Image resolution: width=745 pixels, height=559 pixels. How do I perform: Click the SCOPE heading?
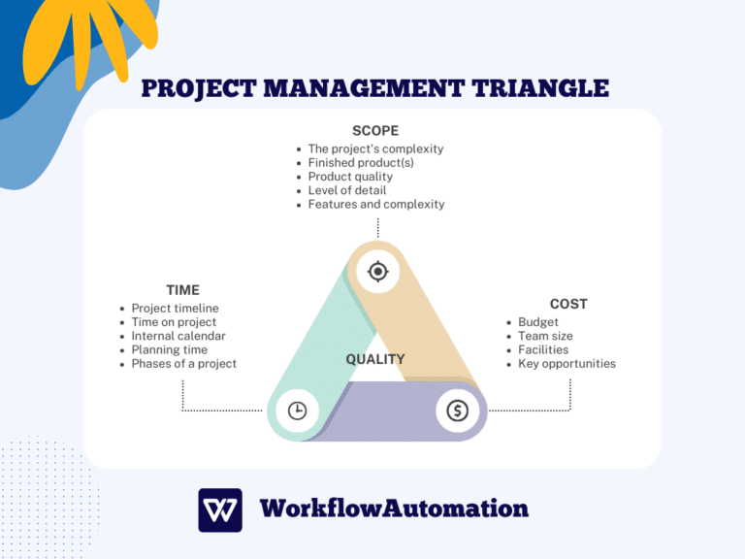[x=374, y=130]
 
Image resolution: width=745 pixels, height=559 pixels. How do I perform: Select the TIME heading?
[x=182, y=289]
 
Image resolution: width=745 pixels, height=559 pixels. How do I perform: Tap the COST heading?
[x=568, y=304]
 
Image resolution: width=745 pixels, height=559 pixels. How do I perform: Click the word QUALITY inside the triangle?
[x=375, y=359]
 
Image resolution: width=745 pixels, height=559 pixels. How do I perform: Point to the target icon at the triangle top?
[x=378, y=272]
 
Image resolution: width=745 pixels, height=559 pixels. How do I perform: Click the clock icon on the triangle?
[x=297, y=411]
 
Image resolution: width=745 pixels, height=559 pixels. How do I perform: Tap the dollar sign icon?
[x=457, y=411]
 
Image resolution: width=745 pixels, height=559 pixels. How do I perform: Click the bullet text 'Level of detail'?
[x=347, y=190]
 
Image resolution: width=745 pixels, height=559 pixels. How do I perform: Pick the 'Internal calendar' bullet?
[x=178, y=336]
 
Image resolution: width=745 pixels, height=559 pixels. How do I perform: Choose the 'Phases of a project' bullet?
[x=184, y=364]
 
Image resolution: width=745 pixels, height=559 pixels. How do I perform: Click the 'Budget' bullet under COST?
[x=538, y=322]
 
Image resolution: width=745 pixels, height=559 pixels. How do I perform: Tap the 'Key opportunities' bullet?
[x=567, y=364]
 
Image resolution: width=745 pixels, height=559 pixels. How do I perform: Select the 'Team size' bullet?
[x=545, y=336]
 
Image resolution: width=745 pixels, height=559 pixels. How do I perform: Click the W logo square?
[x=220, y=510]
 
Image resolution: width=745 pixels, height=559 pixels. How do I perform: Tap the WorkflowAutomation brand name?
[x=394, y=509]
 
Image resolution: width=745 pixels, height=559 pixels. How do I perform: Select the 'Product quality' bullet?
[x=350, y=177]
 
